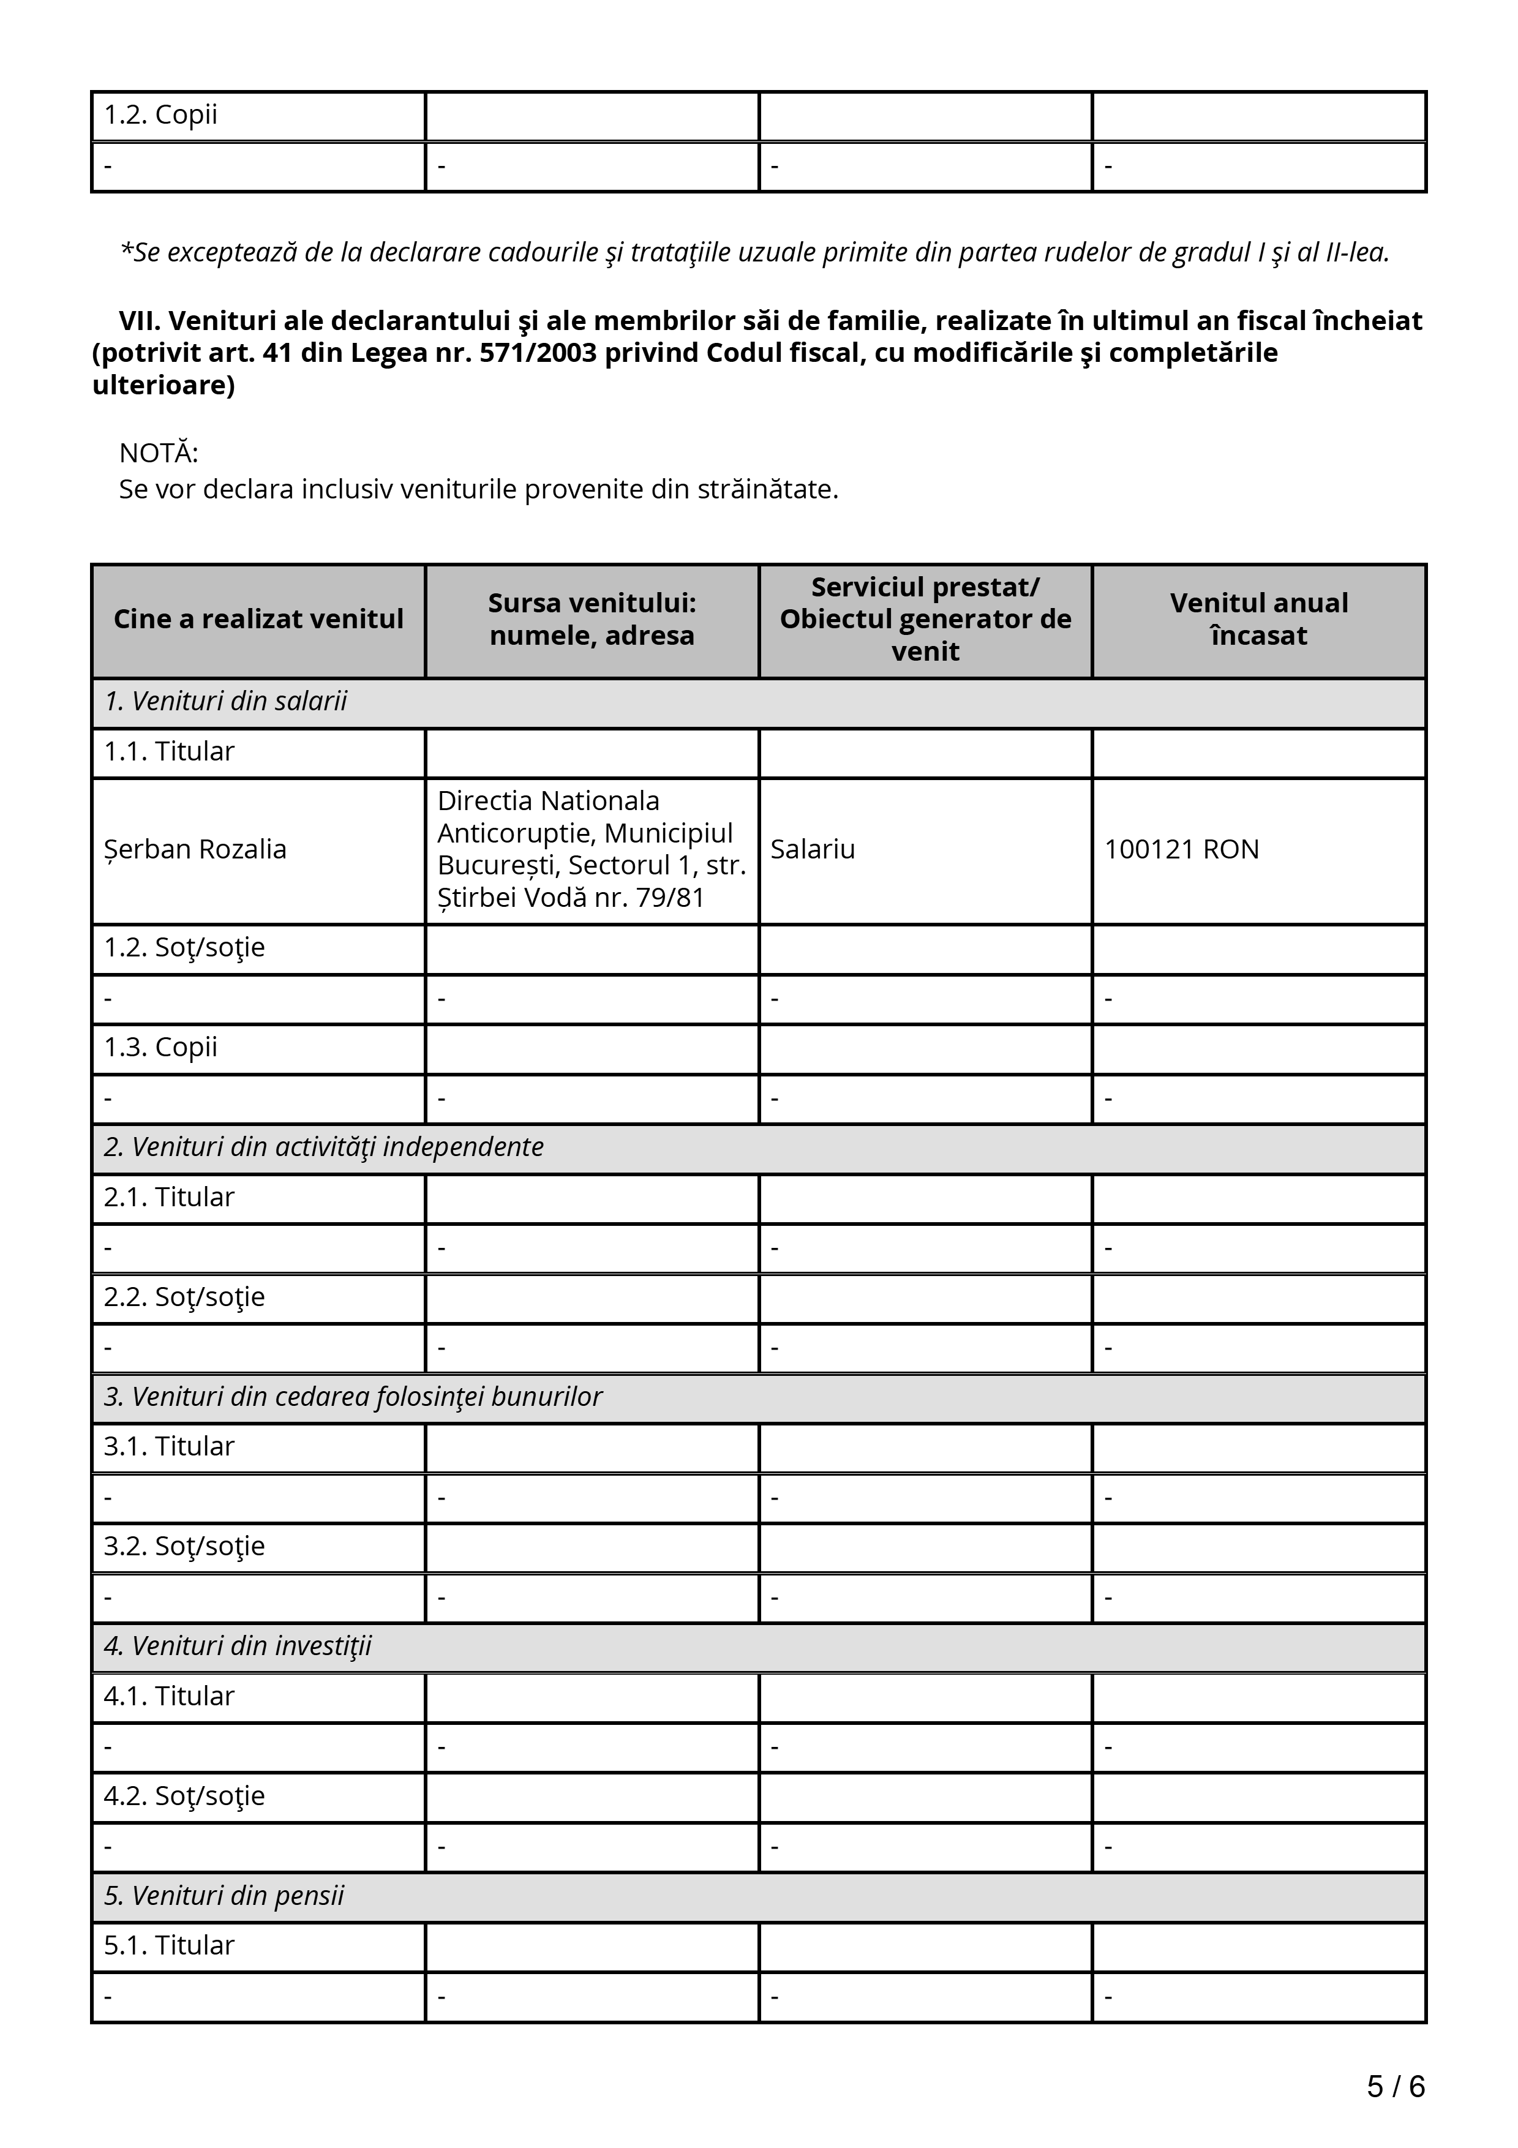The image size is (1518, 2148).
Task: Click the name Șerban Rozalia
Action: (195, 849)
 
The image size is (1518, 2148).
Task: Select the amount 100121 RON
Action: (1181, 849)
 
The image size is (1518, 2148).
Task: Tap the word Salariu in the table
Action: (812, 849)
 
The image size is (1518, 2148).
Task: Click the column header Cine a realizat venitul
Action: (258, 619)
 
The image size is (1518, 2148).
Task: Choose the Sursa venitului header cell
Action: (592, 619)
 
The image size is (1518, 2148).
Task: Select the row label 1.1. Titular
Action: (168, 751)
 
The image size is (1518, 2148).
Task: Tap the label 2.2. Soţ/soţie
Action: (184, 1297)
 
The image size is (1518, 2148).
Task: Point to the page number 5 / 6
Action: (1396, 2086)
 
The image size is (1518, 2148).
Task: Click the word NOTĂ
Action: (158, 454)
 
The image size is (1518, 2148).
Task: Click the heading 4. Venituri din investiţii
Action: (238, 1646)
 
